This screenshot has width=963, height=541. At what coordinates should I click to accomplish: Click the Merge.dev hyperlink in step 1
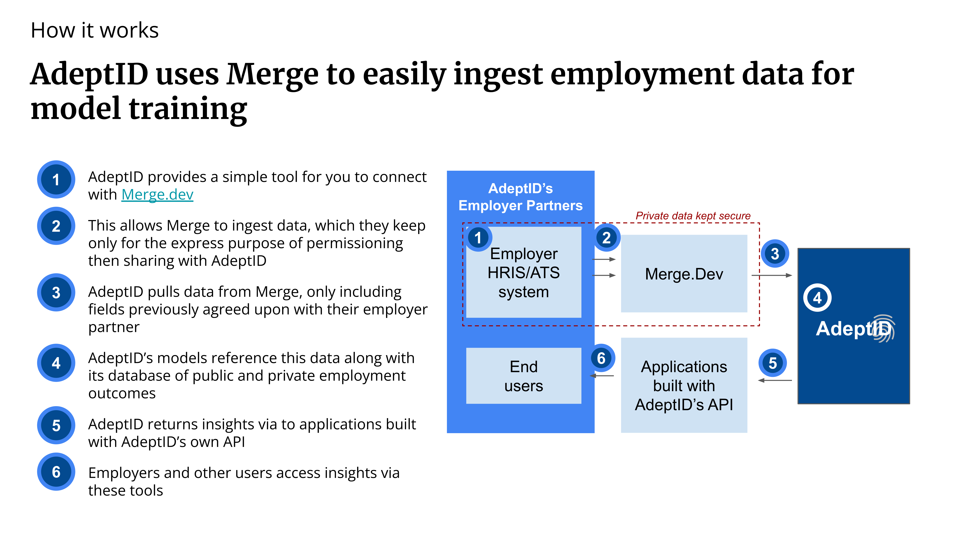point(157,195)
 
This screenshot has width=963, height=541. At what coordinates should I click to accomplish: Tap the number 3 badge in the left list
point(56,292)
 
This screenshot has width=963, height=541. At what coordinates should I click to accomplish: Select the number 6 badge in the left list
point(56,472)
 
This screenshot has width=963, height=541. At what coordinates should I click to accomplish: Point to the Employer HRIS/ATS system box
point(524,272)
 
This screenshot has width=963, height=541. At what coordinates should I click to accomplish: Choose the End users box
point(524,376)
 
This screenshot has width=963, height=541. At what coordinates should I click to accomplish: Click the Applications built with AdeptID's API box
point(684,385)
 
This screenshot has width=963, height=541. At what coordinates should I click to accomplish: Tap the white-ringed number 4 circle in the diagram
point(817,298)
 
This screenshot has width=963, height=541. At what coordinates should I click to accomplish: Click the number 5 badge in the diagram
point(773,363)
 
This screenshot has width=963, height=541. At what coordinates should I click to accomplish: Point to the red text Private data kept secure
point(693,216)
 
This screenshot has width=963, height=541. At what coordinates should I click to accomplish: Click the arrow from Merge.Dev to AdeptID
point(772,275)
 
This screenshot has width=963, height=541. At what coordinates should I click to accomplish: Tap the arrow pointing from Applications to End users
point(602,376)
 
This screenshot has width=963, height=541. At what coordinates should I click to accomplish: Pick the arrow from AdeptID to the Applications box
point(775,380)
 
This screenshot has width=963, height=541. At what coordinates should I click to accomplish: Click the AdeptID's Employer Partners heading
point(521,197)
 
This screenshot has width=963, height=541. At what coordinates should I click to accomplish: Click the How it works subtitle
point(95,30)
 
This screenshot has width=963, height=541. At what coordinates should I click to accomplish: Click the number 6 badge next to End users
point(601,358)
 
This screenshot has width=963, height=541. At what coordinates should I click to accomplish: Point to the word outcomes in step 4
point(122,394)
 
